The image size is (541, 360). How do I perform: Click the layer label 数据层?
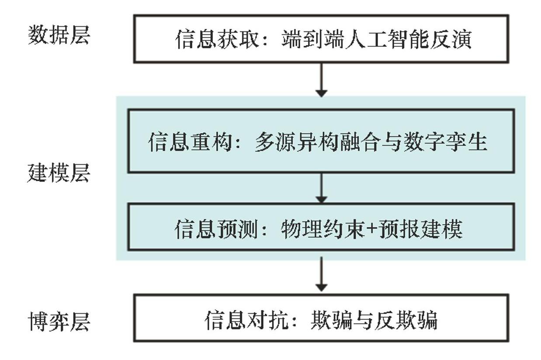[59, 35]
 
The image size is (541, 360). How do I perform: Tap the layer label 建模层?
[59, 173]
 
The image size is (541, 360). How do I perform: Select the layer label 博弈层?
[59, 322]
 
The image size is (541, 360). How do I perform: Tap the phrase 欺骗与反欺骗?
[374, 321]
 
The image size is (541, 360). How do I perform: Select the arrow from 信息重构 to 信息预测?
[321, 188]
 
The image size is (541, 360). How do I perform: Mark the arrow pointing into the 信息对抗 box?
[321, 274]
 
